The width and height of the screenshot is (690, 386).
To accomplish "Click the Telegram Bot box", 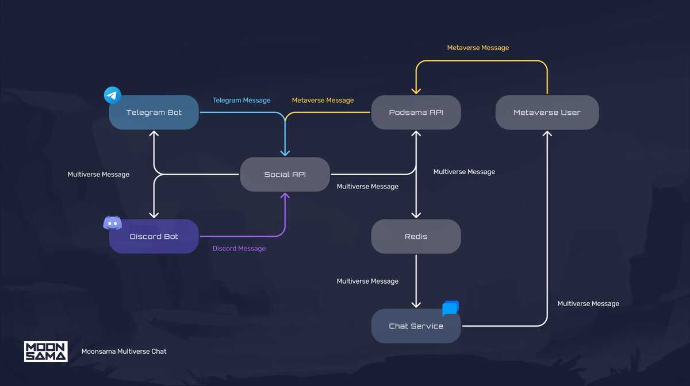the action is [154, 113].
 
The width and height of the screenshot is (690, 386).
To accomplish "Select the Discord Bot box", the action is [154, 237].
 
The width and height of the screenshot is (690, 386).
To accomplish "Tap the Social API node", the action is [285, 175].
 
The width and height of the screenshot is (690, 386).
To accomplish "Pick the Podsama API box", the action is [416, 113].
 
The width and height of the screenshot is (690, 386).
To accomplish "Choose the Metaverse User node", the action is [547, 113].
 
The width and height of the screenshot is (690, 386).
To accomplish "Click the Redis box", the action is [416, 237].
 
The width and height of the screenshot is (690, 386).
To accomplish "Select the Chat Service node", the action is [416, 326].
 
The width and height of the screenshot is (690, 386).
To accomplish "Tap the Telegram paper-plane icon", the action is [112, 95].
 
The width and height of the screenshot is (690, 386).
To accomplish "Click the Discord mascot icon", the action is [113, 222].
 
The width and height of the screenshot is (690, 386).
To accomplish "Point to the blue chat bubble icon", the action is [451, 308].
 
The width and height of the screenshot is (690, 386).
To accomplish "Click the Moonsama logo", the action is [46, 352].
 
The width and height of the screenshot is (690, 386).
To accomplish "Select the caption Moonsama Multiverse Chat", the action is [124, 352].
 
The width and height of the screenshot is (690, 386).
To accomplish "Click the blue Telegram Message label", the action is [241, 101].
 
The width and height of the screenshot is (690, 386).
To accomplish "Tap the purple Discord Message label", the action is [239, 248].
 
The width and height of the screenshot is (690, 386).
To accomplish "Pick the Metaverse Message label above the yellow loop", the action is [478, 48].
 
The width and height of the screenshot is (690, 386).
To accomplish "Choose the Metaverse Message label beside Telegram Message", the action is [323, 101].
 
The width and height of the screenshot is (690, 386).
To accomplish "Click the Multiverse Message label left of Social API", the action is [98, 175].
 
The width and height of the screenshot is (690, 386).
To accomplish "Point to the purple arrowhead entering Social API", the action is [285, 195].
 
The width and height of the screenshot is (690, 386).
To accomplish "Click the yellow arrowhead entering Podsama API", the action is [416, 91].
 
